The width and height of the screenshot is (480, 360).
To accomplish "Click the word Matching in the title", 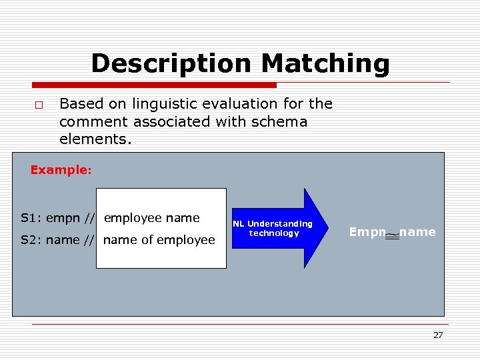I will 325,64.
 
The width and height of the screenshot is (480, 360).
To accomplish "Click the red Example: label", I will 61,170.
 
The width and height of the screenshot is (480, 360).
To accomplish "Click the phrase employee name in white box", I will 152,218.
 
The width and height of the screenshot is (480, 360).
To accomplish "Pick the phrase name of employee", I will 159,239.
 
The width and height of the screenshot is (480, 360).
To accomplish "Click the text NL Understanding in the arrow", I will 273,224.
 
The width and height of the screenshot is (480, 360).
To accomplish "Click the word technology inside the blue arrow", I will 274,233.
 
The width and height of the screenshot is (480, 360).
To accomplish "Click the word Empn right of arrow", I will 367,232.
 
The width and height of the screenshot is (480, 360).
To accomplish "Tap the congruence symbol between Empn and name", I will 393,235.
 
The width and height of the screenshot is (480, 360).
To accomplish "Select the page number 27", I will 437,335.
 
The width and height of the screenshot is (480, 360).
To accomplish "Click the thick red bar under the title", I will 154,85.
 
